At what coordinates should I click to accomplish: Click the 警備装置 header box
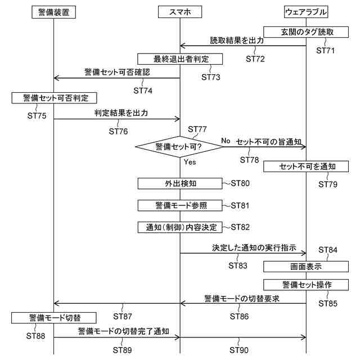pyautogui.click(x=54, y=11)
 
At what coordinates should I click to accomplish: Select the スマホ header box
pyautogui.click(x=180, y=11)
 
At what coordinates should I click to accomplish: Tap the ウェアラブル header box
pyautogui.click(x=306, y=11)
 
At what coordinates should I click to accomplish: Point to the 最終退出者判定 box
pyautogui.click(x=180, y=58)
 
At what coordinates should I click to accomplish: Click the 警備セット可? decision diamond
pyautogui.click(x=179, y=146)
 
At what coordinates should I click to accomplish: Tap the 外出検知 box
pyautogui.click(x=180, y=183)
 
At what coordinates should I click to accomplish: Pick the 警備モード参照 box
pyautogui.click(x=180, y=205)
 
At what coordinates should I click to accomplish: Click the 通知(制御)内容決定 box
pyautogui.click(x=180, y=227)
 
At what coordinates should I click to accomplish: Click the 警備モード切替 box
pyautogui.click(x=55, y=318)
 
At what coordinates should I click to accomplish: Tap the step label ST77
pyautogui.click(x=198, y=129)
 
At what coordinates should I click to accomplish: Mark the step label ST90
pyautogui.click(x=240, y=350)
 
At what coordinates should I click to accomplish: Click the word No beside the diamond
pyautogui.click(x=226, y=140)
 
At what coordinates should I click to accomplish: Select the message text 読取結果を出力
pyautogui.click(x=237, y=40)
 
